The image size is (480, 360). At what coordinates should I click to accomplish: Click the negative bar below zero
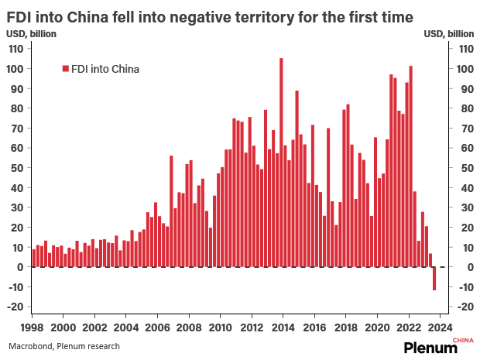coord(434,279)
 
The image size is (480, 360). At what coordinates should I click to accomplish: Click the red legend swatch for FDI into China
coord(65,69)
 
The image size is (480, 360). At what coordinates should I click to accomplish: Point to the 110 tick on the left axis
coord(15,48)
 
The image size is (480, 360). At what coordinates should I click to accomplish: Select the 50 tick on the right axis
coord(465,167)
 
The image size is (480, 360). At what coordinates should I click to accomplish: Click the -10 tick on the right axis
coord(465,286)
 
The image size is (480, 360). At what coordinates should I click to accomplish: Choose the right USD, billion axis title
coord(449,33)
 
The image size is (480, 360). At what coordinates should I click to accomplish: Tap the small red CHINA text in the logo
coord(461,340)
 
